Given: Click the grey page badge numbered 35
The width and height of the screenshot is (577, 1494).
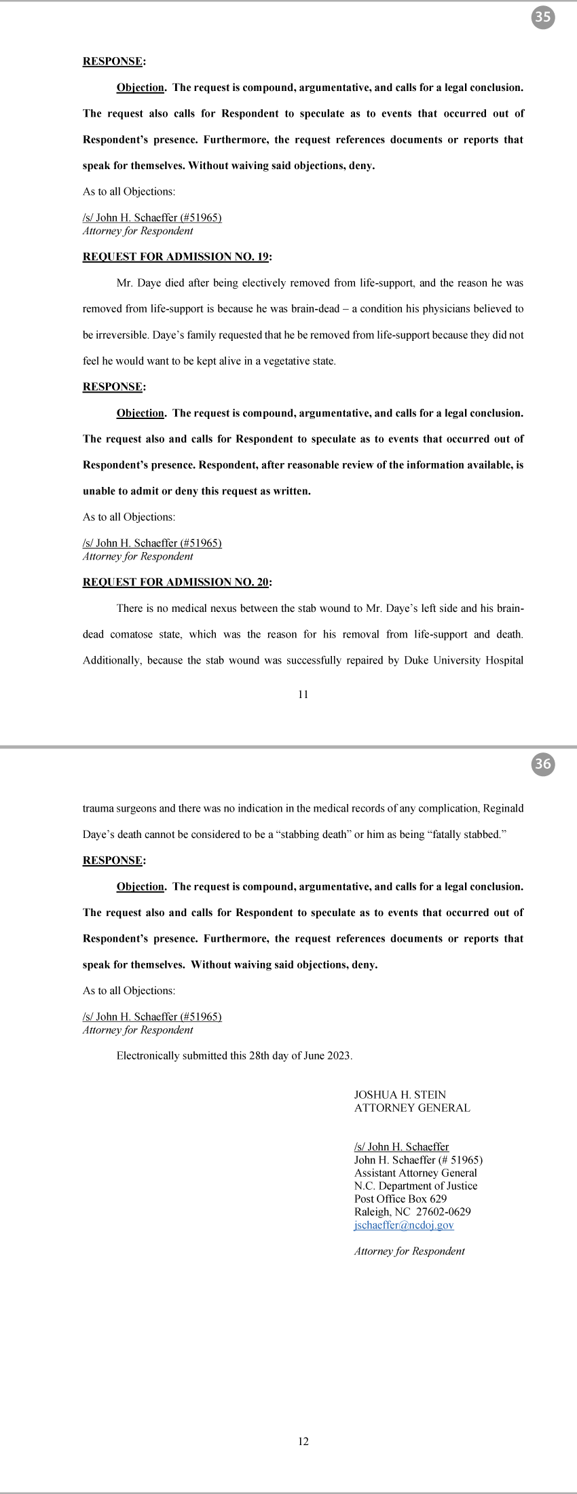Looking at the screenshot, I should pos(542,17).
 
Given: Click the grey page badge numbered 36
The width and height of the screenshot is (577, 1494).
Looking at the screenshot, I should pos(542,764).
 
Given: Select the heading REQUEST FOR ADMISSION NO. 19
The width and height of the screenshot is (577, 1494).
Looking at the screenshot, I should pos(176,257).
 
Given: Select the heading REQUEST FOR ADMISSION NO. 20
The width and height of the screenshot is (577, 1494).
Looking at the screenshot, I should pos(176,582).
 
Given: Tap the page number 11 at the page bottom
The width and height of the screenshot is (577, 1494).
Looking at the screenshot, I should pos(303,694).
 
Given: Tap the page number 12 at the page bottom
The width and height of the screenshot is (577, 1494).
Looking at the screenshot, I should pos(303,1441).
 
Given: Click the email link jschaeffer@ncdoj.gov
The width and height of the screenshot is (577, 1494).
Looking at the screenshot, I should pos(404,1225).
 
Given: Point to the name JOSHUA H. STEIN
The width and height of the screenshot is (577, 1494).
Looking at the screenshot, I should pos(400,1095).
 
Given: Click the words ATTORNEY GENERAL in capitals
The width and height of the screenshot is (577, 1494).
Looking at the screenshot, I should pos(412,1108).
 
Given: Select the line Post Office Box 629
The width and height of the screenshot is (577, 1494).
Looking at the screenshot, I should pos(401,1199).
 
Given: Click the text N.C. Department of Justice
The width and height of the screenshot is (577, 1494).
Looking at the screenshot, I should pos(415,1186).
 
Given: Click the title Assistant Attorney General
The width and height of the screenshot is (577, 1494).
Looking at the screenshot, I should pos(415,1173).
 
